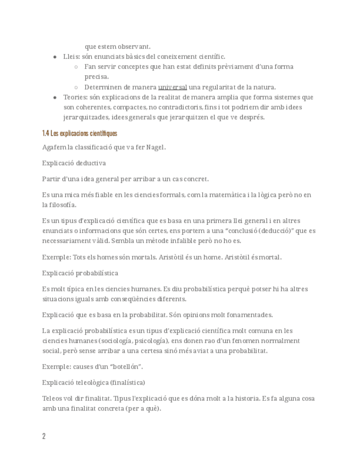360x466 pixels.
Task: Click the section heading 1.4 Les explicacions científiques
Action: (80, 134)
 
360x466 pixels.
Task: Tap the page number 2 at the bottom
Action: (44, 436)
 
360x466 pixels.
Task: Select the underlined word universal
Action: (173, 87)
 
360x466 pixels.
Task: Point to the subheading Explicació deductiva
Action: (74, 163)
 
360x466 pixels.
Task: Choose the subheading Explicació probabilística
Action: (80, 273)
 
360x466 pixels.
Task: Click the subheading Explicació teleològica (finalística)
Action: (93, 382)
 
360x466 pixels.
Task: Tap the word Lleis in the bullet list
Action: (71, 57)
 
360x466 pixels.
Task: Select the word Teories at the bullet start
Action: (75, 97)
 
